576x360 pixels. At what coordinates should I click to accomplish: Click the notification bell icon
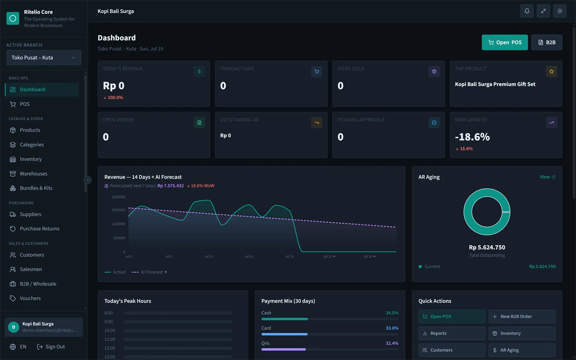527,11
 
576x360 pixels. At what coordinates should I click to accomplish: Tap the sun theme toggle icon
559,11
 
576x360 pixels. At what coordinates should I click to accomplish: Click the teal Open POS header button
504,42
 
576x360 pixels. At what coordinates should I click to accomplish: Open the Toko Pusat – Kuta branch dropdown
44,58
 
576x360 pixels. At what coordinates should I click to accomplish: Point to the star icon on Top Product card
551,72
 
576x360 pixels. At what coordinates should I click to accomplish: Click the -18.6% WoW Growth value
472,137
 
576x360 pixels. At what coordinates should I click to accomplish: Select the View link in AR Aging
548,177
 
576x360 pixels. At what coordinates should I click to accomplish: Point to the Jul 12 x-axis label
209,256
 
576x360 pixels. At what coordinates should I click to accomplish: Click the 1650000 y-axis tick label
118,210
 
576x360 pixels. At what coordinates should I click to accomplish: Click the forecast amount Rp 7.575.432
171,186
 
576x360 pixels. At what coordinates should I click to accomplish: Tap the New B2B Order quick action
522,316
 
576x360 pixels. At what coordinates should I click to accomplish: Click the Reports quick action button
452,333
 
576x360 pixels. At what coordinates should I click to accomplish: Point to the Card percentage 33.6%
392,328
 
